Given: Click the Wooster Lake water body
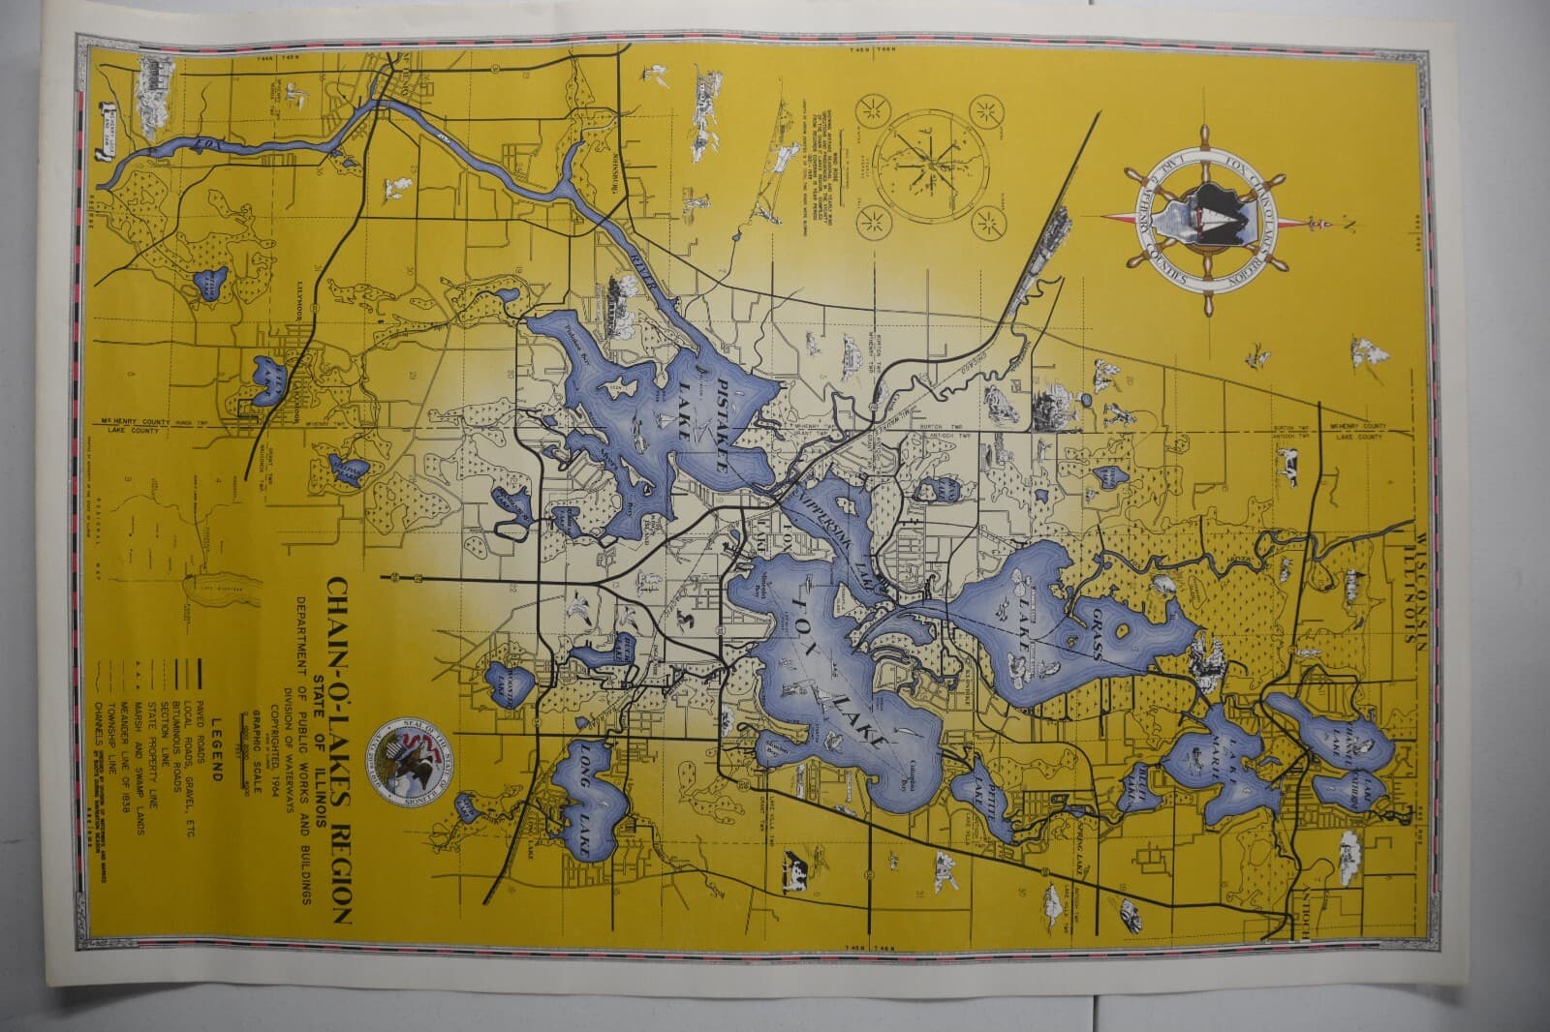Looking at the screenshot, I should click(x=509, y=683).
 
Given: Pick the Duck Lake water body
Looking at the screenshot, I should click(x=606, y=654).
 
